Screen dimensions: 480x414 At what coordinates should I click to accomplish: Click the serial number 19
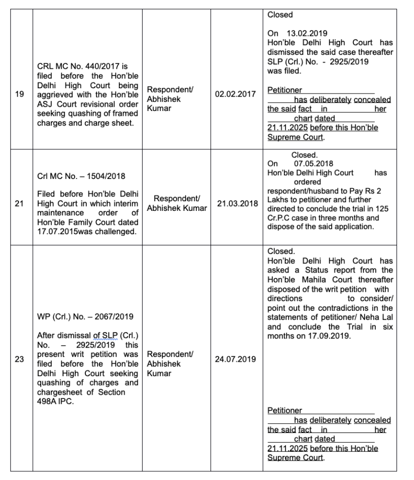[x=20, y=94]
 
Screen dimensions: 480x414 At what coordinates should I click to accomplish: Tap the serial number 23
[x=20, y=360]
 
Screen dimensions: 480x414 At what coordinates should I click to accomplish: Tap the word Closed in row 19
[x=280, y=15]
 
